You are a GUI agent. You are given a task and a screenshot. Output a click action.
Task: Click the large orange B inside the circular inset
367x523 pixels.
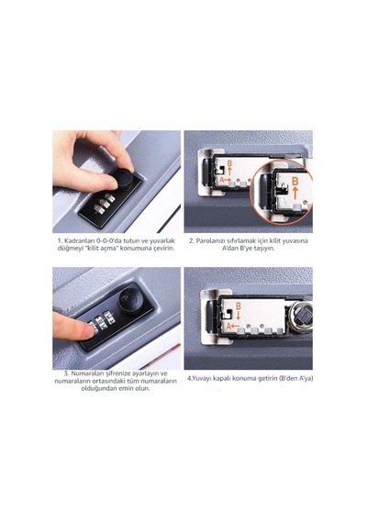click(x=295, y=181)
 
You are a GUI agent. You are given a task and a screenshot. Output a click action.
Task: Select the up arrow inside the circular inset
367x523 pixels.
click(x=295, y=193)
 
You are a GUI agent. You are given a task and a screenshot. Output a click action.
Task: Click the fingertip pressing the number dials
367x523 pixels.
click(x=85, y=329)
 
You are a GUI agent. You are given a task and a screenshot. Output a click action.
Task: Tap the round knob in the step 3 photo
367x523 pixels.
click(x=131, y=300)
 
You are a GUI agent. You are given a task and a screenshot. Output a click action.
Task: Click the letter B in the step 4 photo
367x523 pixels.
click(x=238, y=306)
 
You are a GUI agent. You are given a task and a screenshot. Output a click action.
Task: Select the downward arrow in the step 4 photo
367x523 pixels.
click(x=238, y=315)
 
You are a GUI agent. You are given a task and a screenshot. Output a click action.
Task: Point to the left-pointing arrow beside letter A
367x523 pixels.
click(x=236, y=326)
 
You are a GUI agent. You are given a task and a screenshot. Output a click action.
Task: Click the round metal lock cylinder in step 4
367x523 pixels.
click(x=301, y=314)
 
